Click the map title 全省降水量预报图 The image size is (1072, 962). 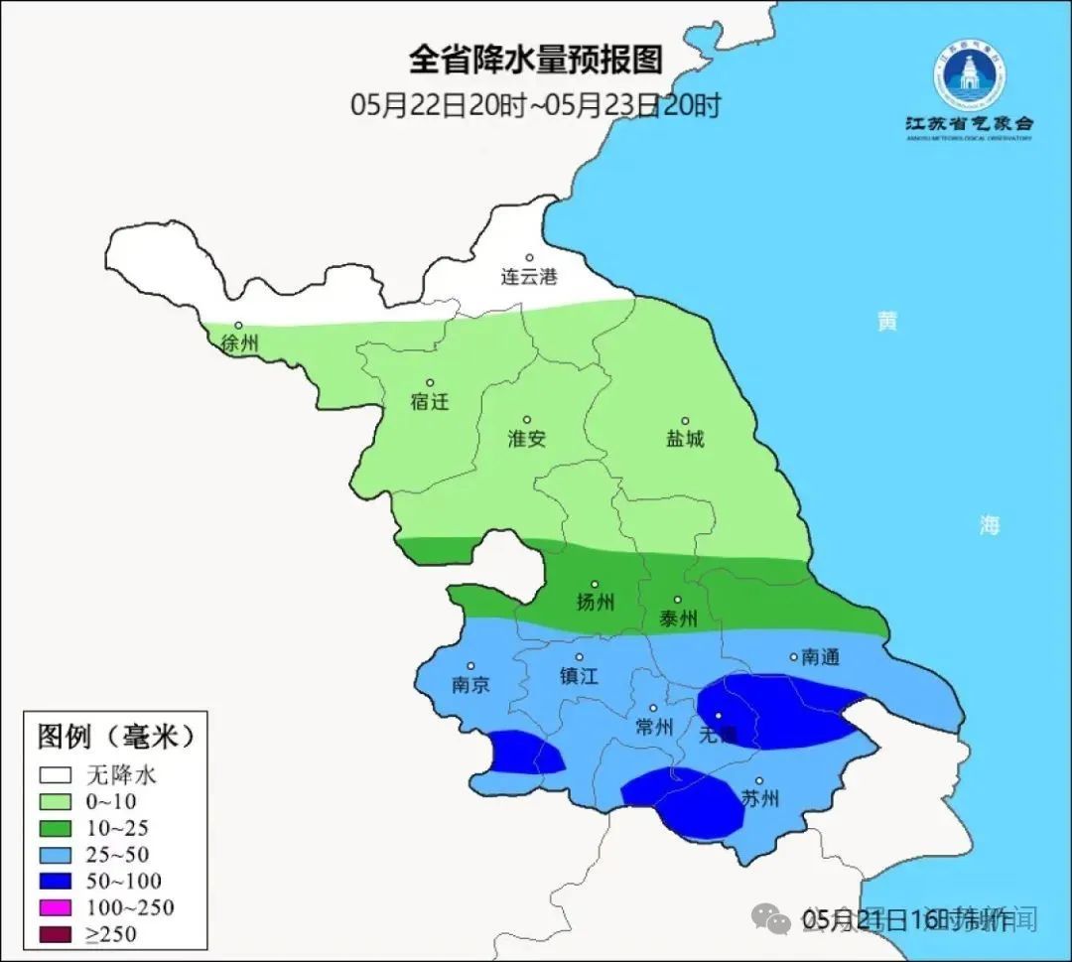click(x=535, y=61)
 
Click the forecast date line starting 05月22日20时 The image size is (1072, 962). click(x=535, y=104)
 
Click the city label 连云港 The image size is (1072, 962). click(x=528, y=277)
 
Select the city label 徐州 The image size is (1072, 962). click(x=240, y=344)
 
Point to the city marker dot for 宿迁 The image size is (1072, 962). click(x=430, y=382)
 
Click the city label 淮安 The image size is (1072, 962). click(x=526, y=439)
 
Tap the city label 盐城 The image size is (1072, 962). click(x=684, y=439)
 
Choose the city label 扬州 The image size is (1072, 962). click(x=595, y=602)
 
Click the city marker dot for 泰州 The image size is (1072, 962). click(x=678, y=600)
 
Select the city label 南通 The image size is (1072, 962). click(x=821, y=657)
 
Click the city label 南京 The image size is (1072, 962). click(x=469, y=685)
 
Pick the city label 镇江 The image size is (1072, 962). click(x=579, y=676)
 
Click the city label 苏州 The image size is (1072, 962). click(x=760, y=798)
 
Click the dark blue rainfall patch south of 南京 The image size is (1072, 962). click(x=526, y=754)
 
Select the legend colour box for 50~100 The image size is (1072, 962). click(x=56, y=881)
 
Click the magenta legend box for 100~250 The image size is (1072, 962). click(x=56, y=907)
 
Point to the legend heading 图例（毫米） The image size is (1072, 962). click(x=114, y=738)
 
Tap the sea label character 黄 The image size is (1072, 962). click(x=886, y=322)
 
